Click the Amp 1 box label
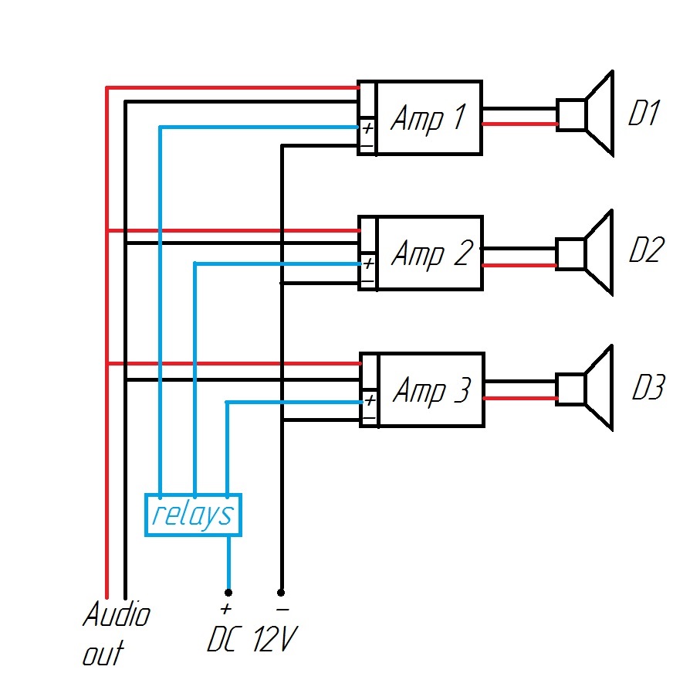[x=428, y=118]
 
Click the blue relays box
[x=193, y=515]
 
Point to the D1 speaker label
[x=643, y=114]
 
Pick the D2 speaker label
[x=644, y=250]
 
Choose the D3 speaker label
[x=647, y=388]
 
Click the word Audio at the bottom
[x=117, y=616]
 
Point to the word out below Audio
[x=103, y=653]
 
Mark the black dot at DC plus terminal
[x=228, y=593]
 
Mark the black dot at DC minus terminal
[x=281, y=593]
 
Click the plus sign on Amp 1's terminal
[x=367, y=127]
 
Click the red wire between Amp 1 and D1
[x=519, y=124]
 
